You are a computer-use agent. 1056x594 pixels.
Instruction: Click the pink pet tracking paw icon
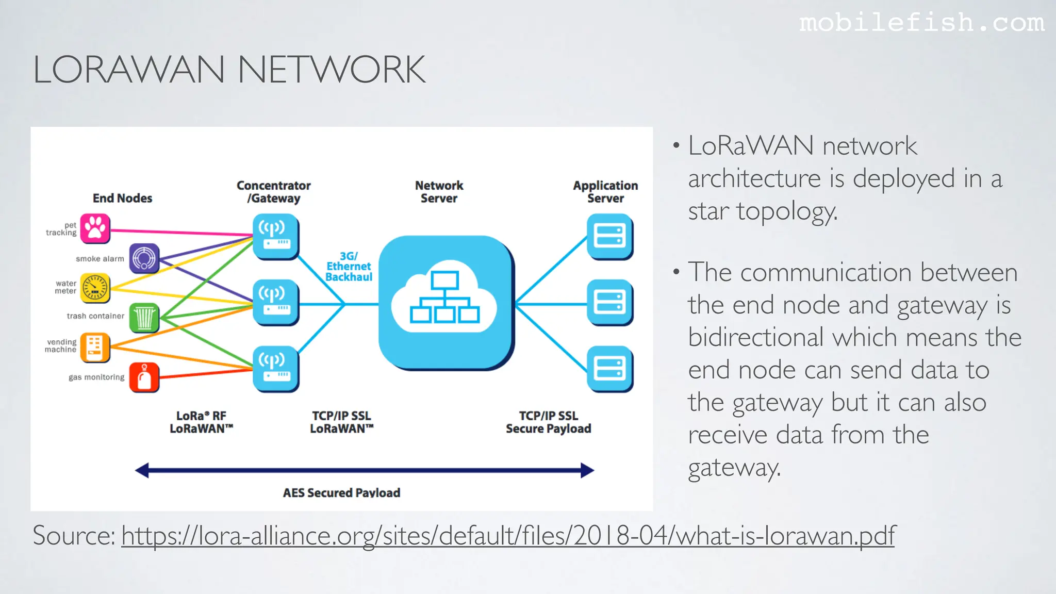[x=95, y=228]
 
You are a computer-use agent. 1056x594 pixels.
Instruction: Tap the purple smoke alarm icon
[x=144, y=258]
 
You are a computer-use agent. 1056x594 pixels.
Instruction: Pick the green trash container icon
[x=144, y=318]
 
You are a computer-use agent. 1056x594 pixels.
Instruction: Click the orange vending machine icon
[x=95, y=347]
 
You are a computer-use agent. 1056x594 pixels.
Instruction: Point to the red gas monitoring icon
[x=144, y=377]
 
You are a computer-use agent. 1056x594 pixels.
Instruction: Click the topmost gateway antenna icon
[x=275, y=236]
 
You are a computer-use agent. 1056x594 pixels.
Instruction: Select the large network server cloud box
[x=445, y=303]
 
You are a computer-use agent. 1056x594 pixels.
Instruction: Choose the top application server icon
[x=609, y=236]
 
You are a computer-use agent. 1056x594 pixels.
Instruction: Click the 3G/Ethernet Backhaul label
[x=349, y=267]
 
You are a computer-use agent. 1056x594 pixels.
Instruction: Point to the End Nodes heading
[x=122, y=198]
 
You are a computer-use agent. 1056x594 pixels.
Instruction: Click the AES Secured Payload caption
[x=341, y=492]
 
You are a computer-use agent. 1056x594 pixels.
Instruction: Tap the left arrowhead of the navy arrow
[x=142, y=470]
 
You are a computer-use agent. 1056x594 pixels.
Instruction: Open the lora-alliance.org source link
[x=508, y=536]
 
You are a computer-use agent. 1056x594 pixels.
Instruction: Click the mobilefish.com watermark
[x=921, y=23]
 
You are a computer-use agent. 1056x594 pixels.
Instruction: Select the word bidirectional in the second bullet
[x=756, y=338]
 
